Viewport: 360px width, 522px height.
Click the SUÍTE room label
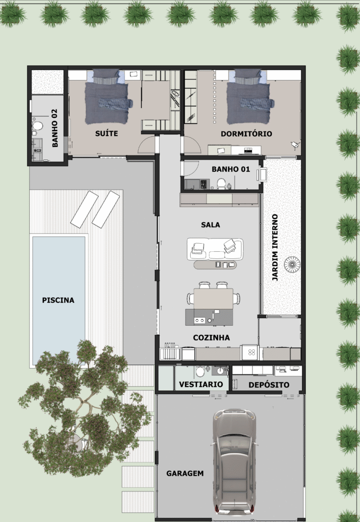click(107, 134)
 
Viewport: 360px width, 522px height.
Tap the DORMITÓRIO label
click(246, 134)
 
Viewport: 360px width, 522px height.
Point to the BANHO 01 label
click(230, 169)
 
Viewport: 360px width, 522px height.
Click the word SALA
click(211, 224)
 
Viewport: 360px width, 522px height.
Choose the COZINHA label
click(211, 337)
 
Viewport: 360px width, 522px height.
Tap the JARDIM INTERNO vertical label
click(275, 248)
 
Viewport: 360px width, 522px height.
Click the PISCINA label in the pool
click(58, 300)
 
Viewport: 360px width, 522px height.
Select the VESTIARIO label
click(200, 384)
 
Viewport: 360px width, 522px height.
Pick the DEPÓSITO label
click(269, 384)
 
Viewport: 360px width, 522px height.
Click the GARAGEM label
click(185, 473)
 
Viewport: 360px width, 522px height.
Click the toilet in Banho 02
click(37, 124)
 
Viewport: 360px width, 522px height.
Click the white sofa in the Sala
click(215, 249)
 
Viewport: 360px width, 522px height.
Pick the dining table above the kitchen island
click(213, 298)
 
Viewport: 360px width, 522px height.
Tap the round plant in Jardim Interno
click(292, 264)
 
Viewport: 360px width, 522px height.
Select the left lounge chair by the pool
click(84, 209)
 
